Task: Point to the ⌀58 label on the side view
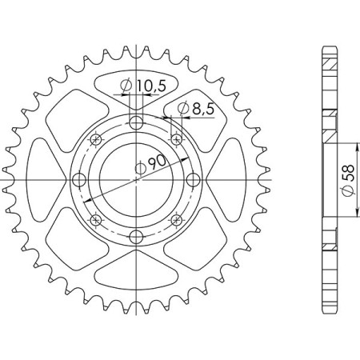pos(346,180)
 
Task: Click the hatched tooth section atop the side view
pos(329,62)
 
